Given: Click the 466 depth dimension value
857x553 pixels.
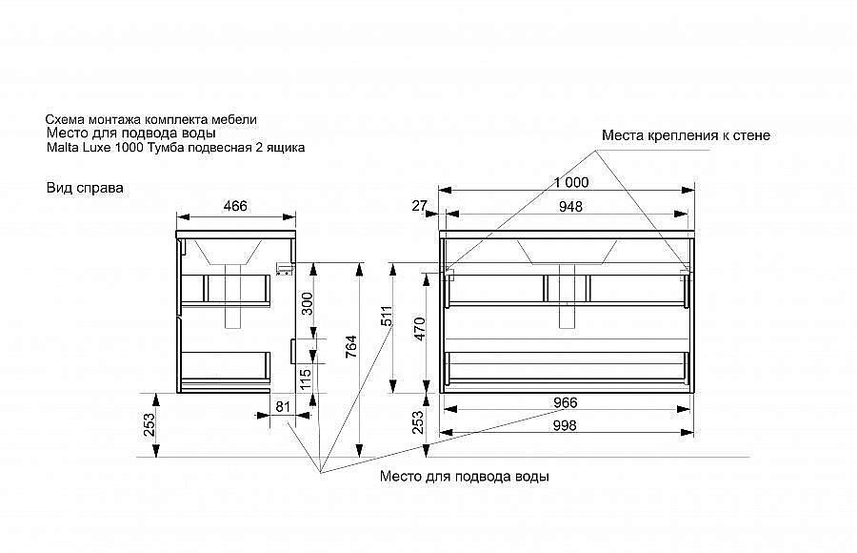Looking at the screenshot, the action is [x=235, y=206].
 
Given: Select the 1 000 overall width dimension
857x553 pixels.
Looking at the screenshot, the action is [x=571, y=182].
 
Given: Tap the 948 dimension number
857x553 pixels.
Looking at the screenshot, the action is [x=570, y=206].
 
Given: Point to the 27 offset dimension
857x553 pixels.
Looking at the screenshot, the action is [x=419, y=206].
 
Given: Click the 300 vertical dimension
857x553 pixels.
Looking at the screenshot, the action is [x=308, y=304].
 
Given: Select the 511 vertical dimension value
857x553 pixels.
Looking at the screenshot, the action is [x=387, y=317].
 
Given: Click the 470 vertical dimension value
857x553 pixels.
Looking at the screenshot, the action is [x=420, y=329].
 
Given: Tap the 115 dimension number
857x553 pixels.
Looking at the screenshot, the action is [x=306, y=379].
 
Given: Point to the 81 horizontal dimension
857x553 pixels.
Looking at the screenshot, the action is [x=283, y=407].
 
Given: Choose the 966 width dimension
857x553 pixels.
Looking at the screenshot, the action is [x=565, y=402].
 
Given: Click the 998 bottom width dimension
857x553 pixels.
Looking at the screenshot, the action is [x=565, y=425].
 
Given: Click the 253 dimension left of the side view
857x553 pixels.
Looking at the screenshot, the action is [x=149, y=424].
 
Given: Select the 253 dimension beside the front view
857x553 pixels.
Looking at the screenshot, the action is [x=418, y=422].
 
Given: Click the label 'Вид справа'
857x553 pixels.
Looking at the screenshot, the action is [x=85, y=188].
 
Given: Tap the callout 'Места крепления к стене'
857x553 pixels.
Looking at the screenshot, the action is [x=686, y=135].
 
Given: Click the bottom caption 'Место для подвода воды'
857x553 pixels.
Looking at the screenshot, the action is [x=465, y=477].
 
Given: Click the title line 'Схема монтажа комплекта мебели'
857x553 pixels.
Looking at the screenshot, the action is [x=150, y=119].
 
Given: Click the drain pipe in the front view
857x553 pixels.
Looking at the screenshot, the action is [x=567, y=296].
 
